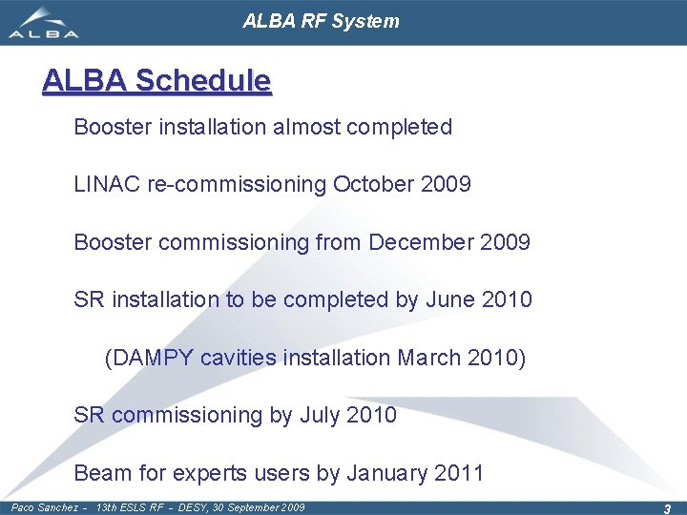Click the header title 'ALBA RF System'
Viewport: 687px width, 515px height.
(x=321, y=21)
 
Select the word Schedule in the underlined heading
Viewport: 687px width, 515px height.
(x=203, y=81)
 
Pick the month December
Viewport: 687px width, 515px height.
(x=420, y=242)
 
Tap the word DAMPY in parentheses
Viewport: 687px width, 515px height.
(x=154, y=358)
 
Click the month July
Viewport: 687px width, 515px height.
(x=322, y=415)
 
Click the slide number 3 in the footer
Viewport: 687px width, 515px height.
(x=667, y=508)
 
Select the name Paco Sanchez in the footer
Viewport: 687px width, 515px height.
(x=44, y=507)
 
